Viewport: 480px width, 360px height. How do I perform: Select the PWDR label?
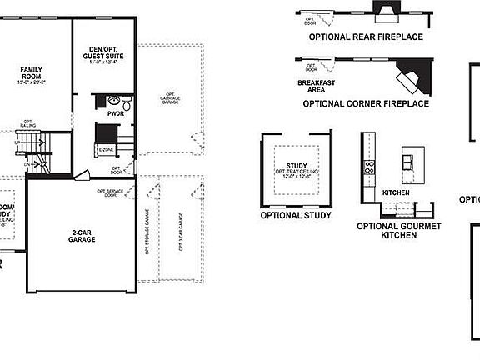115,112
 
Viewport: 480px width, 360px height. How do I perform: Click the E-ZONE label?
107,149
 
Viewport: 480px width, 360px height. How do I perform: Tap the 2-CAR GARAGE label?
82,236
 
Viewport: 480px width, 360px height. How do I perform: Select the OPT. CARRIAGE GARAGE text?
171,97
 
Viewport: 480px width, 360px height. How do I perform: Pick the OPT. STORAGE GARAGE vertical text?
147,231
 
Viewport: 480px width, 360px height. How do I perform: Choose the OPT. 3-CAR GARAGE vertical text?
180,231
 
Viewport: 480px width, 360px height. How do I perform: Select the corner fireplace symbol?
411,79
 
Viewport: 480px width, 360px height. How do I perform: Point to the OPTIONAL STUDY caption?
296,215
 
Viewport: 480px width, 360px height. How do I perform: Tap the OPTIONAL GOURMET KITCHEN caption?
398,231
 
